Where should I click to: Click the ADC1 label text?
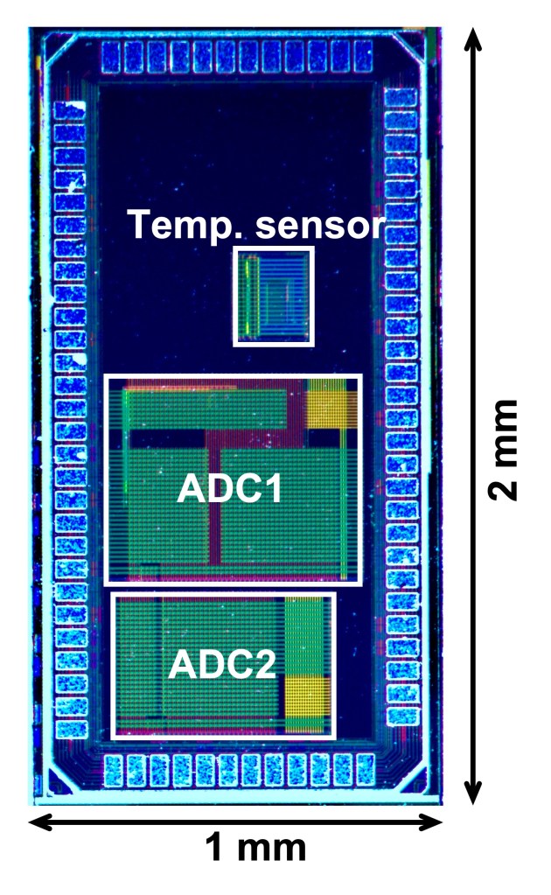pos(229,489)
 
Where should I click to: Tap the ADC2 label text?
pos(222,665)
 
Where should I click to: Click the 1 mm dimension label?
pos(255,848)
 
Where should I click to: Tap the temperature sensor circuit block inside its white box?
pos(273,296)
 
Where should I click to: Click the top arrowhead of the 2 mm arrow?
pos(472,36)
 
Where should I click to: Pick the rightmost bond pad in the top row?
pos(366,57)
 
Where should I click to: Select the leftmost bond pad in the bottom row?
pos(114,770)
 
